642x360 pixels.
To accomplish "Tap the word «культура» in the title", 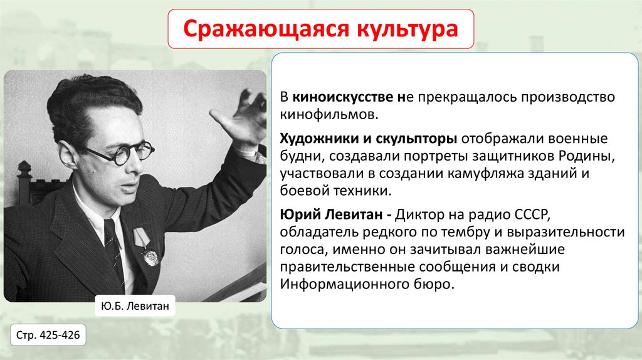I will point(407,29).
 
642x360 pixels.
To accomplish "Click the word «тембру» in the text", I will point(456,232).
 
